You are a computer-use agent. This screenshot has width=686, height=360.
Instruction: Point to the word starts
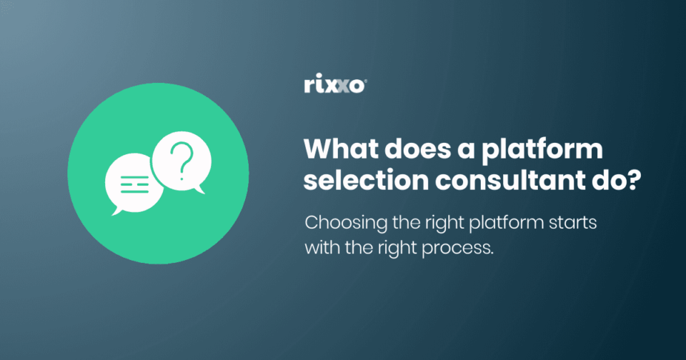[572, 223]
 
